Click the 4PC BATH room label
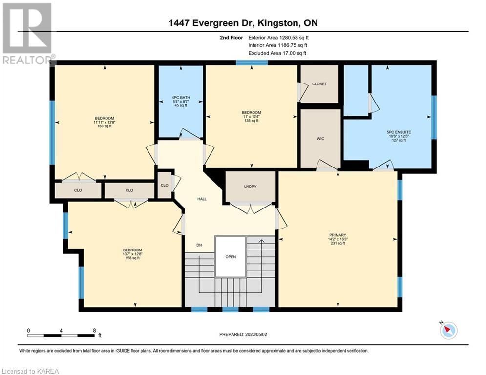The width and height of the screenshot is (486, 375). (x=181, y=98)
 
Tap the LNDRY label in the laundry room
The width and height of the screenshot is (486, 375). (x=250, y=187)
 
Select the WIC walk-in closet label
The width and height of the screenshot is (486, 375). (x=320, y=139)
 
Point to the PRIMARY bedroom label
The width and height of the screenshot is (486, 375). (x=338, y=235)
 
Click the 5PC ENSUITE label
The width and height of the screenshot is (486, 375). (x=398, y=132)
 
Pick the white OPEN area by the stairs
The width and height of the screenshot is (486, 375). (x=231, y=257)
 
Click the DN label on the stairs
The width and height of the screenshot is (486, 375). (x=199, y=245)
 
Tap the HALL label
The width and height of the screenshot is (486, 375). (x=202, y=199)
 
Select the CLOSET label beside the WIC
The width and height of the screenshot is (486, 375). (x=319, y=84)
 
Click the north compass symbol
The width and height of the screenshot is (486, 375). (x=448, y=330)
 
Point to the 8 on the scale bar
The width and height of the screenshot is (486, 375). (x=95, y=331)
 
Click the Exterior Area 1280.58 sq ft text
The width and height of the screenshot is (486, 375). (x=278, y=38)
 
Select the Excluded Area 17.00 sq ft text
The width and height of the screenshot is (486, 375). (x=277, y=53)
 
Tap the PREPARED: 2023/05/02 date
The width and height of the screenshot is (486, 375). (x=243, y=334)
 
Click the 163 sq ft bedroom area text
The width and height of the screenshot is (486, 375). (x=105, y=126)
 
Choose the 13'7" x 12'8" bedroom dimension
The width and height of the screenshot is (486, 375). (x=132, y=254)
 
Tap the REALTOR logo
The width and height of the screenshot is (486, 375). (x=28, y=34)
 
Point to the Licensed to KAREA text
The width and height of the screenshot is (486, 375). (x=30, y=371)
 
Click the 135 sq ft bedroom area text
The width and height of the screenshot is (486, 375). (x=252, y=121)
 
